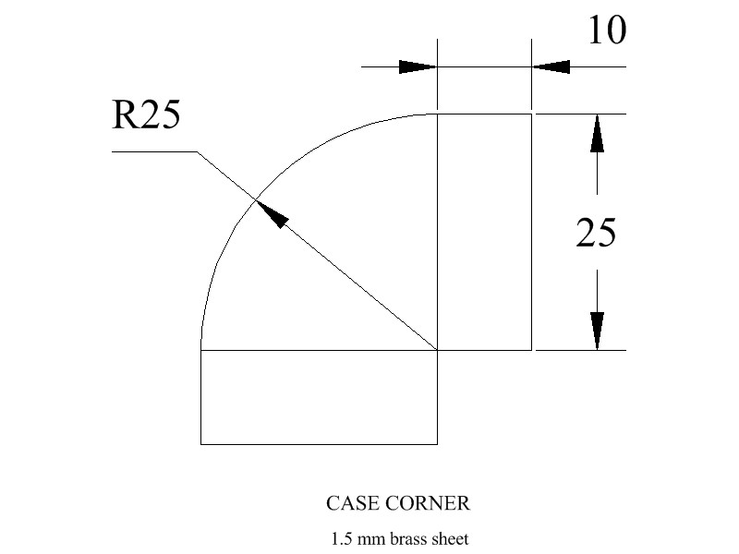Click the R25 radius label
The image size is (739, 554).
coord(145,116)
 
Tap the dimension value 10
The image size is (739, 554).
coord(606,31)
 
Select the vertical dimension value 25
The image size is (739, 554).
coord(596,234)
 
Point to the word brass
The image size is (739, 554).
coord(410,537)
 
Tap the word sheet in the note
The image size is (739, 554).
coord(452,537)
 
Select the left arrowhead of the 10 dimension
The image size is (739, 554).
coord(417,66)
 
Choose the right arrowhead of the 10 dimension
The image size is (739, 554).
coord(551,66)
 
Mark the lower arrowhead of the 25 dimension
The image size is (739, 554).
coord(598,331)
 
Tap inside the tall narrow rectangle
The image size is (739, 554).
coord(484,232)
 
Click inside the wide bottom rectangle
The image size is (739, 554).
coord(319,397)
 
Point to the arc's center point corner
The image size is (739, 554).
coord(437,350)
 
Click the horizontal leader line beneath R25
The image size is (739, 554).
coord(153,151)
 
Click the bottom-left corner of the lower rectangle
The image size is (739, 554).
coord(201,444)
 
